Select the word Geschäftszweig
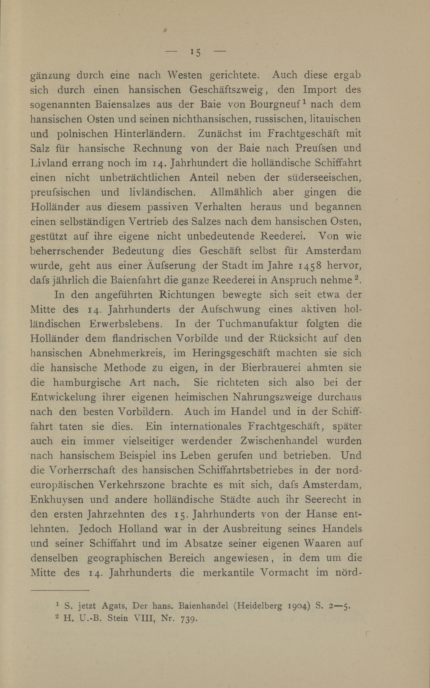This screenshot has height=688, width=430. [x=228, y=90]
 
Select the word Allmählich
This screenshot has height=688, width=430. [x=236, y=192]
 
